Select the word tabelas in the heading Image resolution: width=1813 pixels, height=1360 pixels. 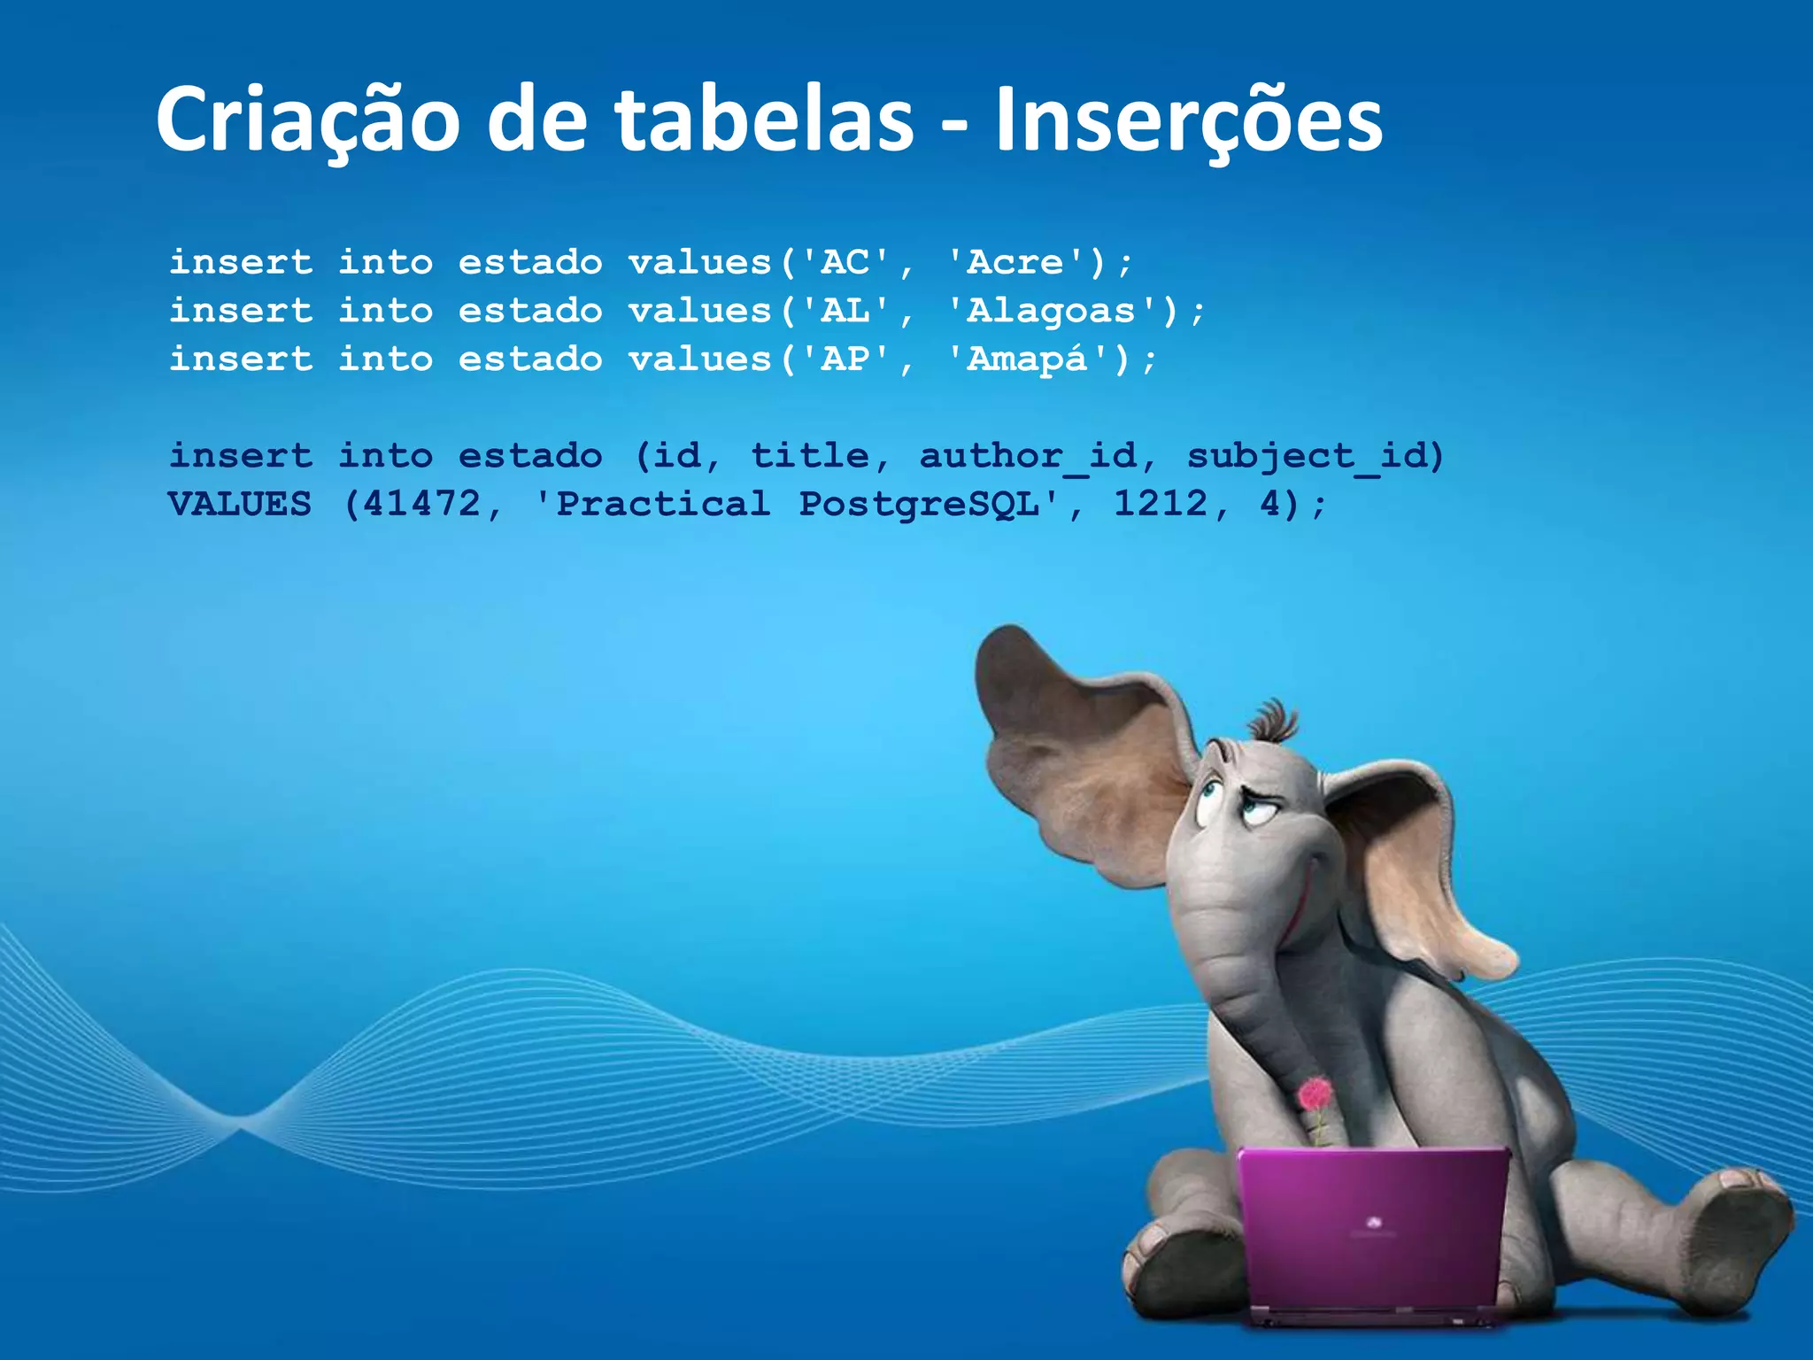764,120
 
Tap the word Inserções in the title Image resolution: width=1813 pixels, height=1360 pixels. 1188,120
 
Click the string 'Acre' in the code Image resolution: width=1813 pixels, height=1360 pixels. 1015,262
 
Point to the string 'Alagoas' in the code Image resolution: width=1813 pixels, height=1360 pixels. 1051,311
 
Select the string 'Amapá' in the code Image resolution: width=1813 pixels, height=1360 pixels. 1027,359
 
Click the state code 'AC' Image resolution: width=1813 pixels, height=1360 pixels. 845,262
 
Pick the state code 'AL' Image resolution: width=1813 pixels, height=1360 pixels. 845,311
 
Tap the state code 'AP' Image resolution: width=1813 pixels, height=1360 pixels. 845,359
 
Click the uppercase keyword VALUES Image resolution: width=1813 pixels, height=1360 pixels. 240,505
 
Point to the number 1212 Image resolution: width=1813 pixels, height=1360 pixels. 1160,505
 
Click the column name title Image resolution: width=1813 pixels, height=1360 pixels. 810,456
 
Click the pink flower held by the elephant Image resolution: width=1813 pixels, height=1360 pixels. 1315,1096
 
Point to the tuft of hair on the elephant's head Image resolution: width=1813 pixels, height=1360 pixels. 1273,722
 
